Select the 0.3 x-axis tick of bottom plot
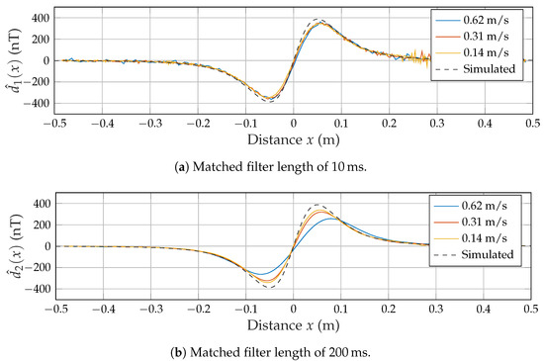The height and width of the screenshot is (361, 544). click(435, 308)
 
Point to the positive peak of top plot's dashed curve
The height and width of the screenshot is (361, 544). click(317, 19)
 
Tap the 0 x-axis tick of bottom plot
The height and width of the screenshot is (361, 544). click(293, 308)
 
